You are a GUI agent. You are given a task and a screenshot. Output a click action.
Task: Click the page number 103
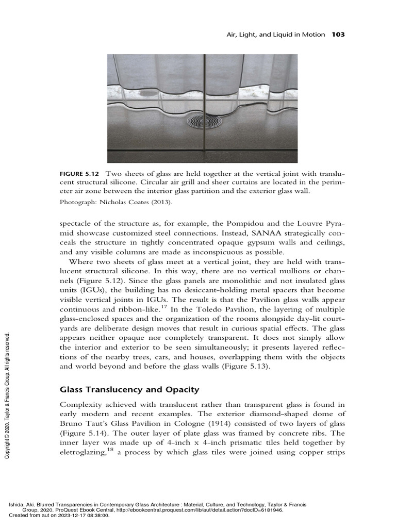click(338, 35)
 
